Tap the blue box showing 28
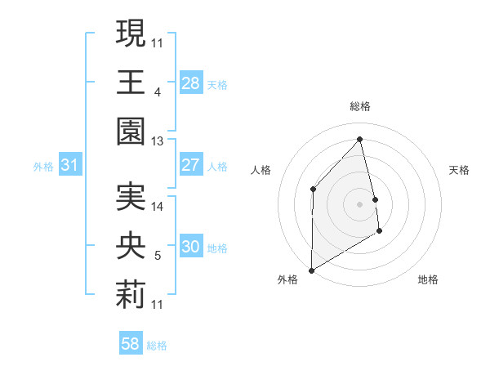click(x=191, y=83)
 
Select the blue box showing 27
click(x=191, y=165)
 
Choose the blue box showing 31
click(x=70, y=165)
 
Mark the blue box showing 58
click(x=131, y=345)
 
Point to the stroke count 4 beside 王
click(x=157, y=92)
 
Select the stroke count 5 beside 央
click(x=157, y=256)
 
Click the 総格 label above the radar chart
click(x=359, y=106)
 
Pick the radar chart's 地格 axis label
click(x=428, y=279)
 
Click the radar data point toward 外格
click(x=312, y=270)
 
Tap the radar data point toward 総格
click(x=359, y=138)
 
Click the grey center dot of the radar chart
click(x=359, y=203)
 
